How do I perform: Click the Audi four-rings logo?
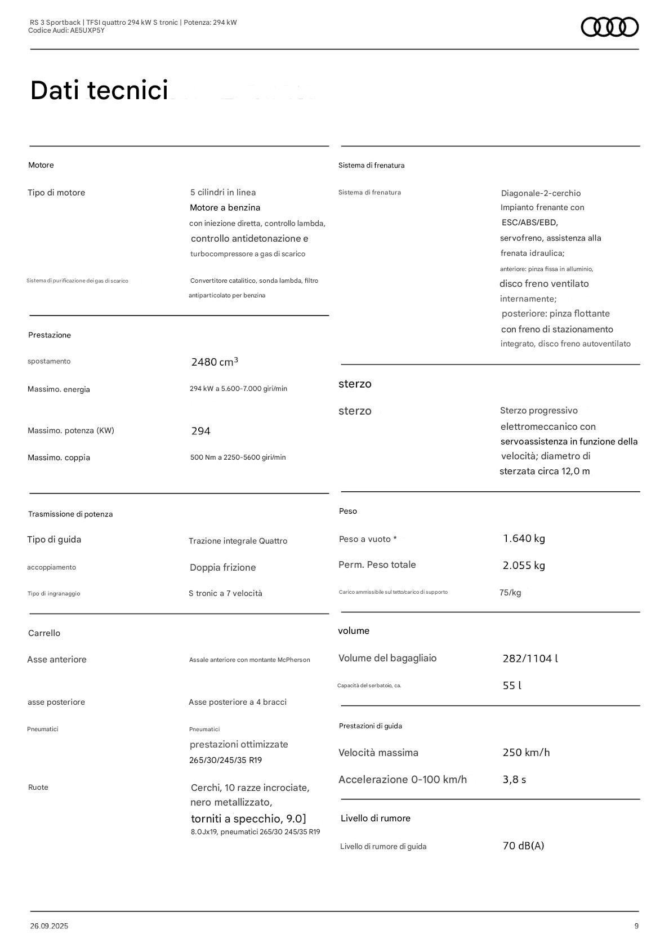[609, 27]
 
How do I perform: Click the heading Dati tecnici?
[99, 91]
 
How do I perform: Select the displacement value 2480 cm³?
[215, 362]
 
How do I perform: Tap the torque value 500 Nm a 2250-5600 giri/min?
[238, 457]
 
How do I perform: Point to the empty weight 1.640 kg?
[524, 539]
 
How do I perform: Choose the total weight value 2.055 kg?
[524, 566]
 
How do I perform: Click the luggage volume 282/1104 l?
[530, 659]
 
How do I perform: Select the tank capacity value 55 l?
[511, 686]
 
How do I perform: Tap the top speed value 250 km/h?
[526, 753]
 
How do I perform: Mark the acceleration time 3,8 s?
[514, 780]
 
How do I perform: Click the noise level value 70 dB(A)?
[523, 846]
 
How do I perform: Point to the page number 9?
[636, 926]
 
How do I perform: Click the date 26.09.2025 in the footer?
[49, 926]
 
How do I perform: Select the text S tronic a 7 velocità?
[225, 593]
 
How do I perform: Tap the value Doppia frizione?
[222, 567]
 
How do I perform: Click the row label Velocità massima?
[378, 753]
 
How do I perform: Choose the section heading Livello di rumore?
[375, 819]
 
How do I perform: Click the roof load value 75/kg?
[510, 593]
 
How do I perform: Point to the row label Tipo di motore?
[56, 193]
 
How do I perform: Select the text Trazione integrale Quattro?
[238, 541]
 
